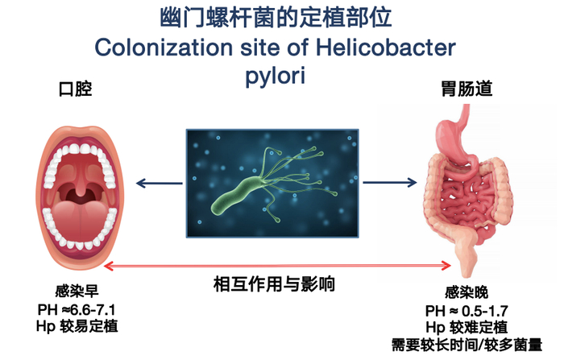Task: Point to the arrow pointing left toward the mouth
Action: pyautogui.click(x=158, y=184)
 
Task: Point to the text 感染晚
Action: pyautogui.click(x=467, y=296)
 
